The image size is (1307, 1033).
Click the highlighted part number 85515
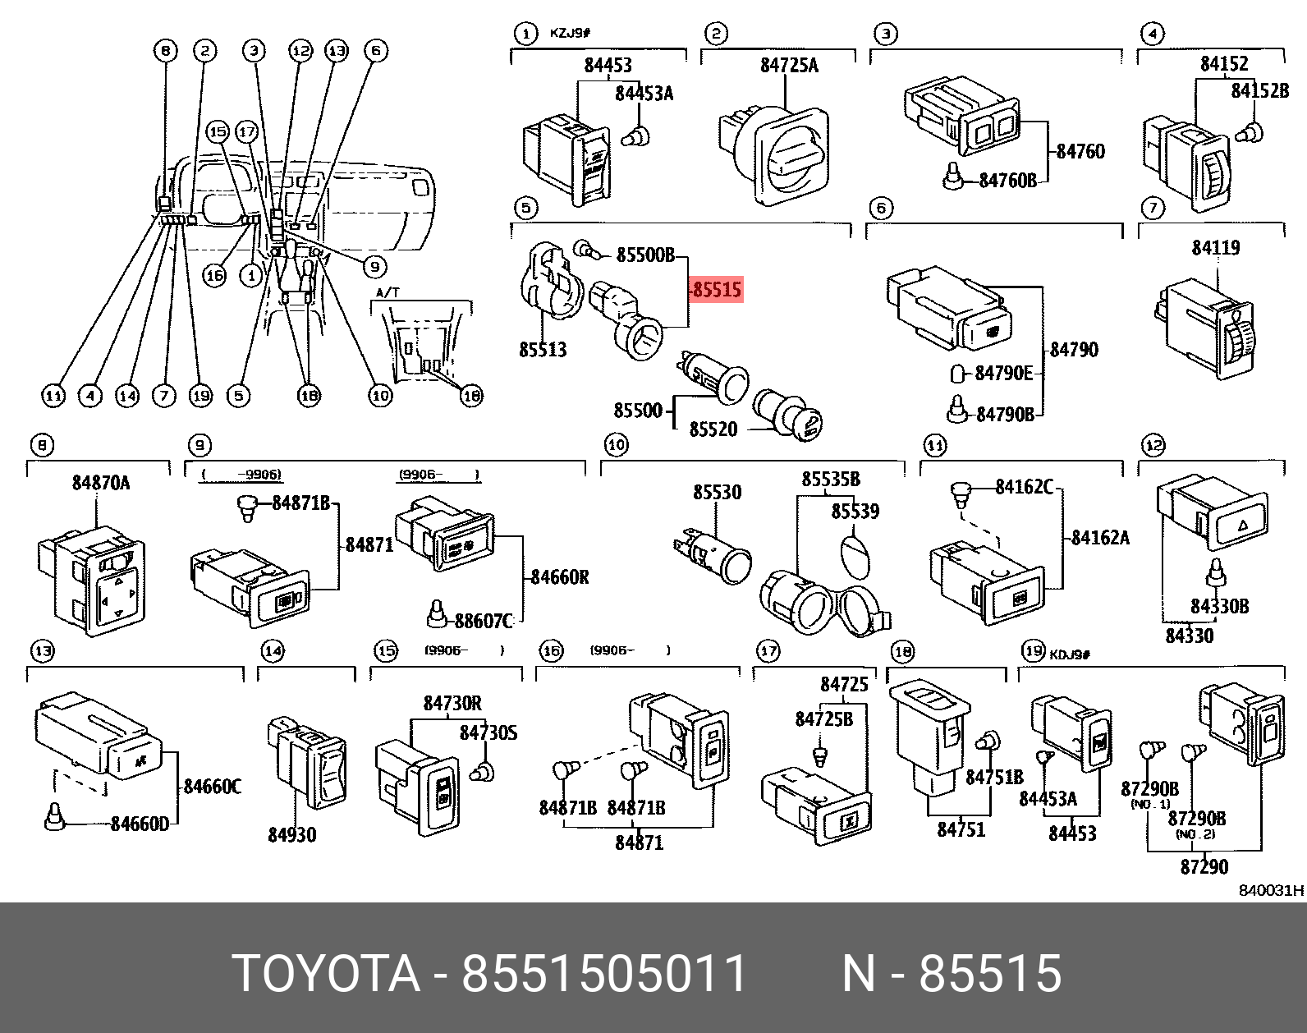(716, 290)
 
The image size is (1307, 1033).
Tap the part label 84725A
(788, 66)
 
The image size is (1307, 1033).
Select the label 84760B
(1007, 181)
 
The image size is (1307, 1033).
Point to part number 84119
(1215, 247)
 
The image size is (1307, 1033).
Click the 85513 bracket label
(543, 350)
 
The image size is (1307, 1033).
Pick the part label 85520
(713, 429)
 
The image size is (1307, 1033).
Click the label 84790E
(1003, 374)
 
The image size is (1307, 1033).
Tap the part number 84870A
(100, 483)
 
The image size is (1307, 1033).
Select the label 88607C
(484, 622)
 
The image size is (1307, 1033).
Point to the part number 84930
(291, 835)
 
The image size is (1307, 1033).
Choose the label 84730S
(488, 732)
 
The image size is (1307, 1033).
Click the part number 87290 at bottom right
(1204, 866)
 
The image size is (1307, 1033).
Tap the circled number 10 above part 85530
(616, 445)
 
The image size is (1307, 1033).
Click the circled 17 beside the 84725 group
(767, 651)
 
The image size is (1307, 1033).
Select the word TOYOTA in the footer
(326, 974)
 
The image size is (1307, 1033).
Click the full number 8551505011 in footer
(604, 974)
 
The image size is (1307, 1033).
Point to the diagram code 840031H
(1271, 890)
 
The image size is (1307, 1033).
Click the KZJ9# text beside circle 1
(570, 34)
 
